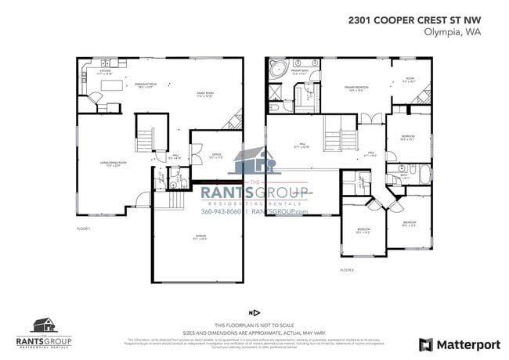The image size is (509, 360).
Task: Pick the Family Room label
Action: pos(206,95)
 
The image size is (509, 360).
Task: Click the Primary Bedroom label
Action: pos(356,88)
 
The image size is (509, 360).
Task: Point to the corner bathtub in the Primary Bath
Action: pos(276,71)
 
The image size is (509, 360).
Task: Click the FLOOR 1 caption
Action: pos(84,229)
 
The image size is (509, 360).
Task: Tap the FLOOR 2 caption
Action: pos(347,269)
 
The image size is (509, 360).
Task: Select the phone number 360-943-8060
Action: pos(222,211)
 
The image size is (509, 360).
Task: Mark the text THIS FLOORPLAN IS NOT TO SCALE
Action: pos(254,325)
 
